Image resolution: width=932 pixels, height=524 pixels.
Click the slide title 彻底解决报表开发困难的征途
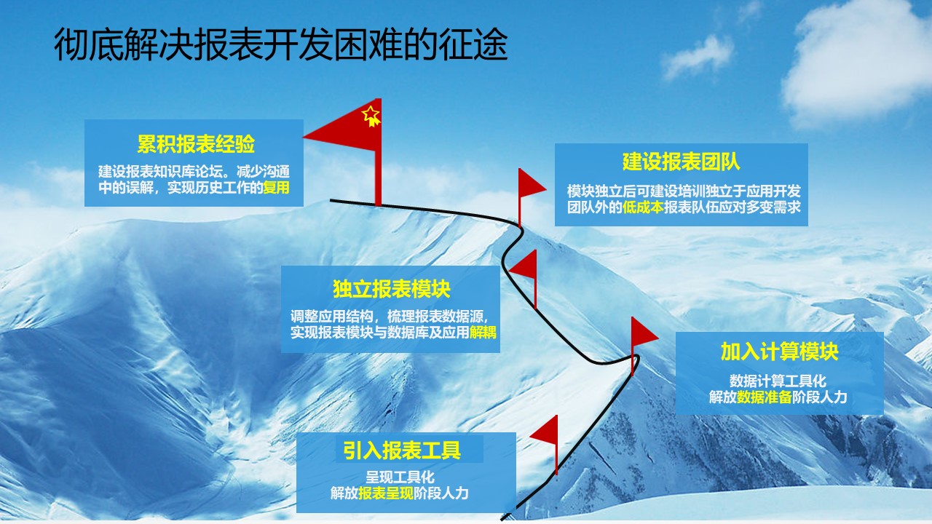[281, 44]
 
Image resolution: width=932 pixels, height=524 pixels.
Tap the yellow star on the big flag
[371, 115]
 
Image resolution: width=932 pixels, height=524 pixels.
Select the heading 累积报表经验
[196, 144]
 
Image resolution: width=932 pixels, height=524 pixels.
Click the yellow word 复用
[276, 188]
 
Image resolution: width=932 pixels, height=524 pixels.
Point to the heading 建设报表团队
[681, 162]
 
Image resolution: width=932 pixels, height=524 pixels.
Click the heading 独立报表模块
[392, 289]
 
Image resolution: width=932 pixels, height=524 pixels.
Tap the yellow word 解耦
[483, 333]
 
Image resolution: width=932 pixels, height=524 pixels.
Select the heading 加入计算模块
[779, 352]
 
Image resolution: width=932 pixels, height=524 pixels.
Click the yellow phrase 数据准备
[765, 397]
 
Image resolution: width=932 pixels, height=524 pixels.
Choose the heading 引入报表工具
[401, 450]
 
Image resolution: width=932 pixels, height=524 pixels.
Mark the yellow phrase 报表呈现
[386, 493]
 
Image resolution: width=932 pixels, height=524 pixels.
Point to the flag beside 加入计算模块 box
[641, 341]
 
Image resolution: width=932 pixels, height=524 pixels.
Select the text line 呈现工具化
[400, 477]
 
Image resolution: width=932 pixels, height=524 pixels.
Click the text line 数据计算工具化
[778, 381]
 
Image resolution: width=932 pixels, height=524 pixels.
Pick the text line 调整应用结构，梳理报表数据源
[390, 317]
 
